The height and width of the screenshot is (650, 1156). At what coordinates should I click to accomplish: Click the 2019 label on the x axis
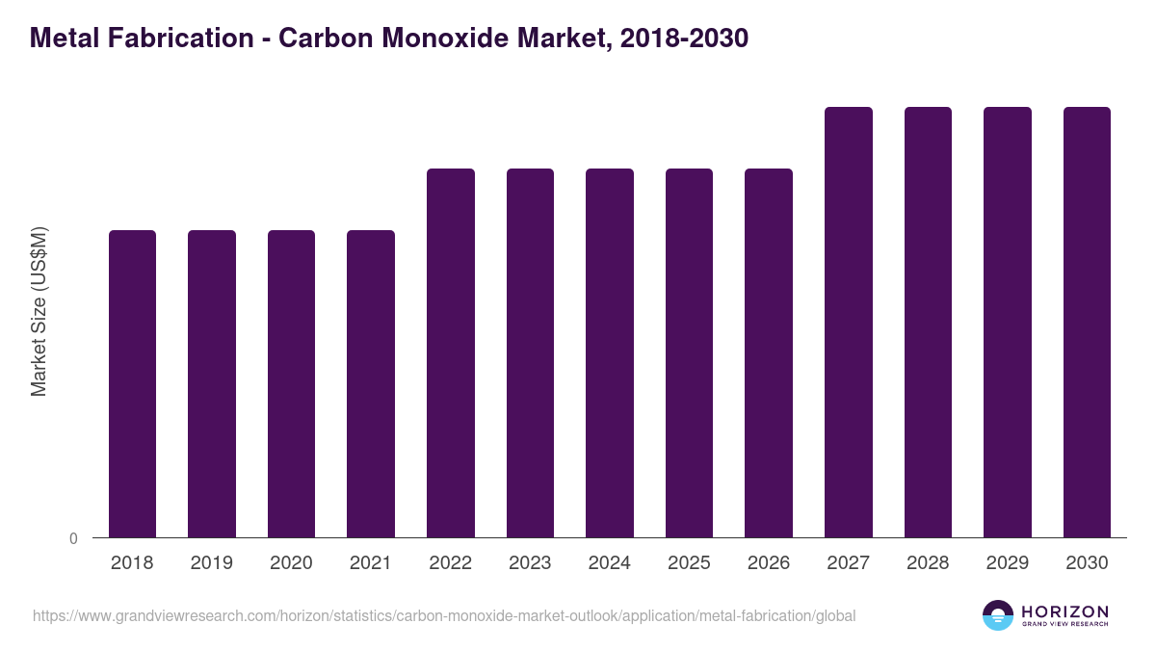[x=212, y=563]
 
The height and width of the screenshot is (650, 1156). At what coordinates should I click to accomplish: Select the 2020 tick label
[x=291, y=563]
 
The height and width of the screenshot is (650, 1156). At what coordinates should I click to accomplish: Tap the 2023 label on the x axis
[x=530, y=563]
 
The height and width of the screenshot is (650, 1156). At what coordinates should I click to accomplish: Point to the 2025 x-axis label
[x=689, y=563]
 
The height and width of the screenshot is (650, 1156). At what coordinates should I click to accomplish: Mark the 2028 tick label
[x=928, y=563]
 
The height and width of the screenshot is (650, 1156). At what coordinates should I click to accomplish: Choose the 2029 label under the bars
[x=1008, y=563]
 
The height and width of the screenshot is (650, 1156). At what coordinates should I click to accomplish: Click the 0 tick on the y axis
[x=73, y=538]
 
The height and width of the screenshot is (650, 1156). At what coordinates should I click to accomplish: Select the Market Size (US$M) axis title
[x=39, y=311]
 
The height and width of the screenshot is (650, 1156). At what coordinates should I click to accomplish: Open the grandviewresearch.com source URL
[x=444, y=615]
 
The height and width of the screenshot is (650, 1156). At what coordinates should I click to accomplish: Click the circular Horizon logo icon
[x=998, y=615]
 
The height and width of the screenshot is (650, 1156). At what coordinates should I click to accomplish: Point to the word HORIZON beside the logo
[x=1064, y=611]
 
